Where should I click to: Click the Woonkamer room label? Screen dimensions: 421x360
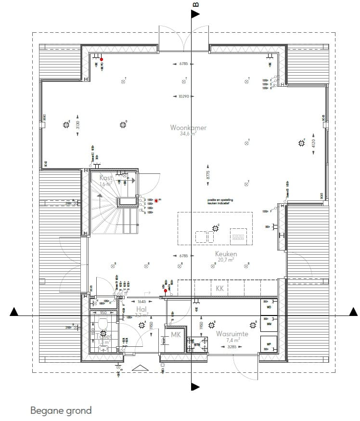coord(188,128)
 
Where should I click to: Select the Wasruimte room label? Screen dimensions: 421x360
coord(232,333)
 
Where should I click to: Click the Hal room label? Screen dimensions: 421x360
coord(141,309)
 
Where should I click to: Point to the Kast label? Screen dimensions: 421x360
coord(106,178)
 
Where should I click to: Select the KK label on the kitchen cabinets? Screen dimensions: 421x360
coord(220,289)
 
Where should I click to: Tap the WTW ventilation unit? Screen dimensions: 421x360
coord(197,343)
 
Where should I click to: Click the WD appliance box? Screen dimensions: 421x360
coord(269,307)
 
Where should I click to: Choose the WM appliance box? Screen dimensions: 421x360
coord(269,325)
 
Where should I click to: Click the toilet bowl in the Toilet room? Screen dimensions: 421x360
coord(102,322)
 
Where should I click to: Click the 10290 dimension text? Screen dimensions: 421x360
coord(183,96)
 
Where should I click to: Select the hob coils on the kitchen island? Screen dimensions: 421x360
coord(238,237)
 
